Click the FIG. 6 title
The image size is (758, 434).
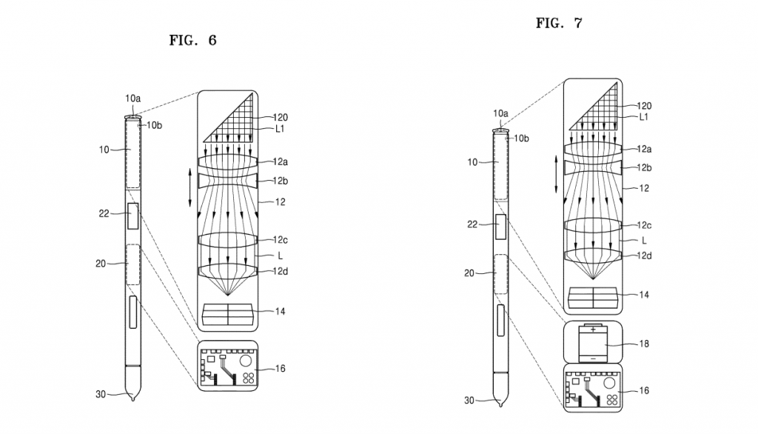192,40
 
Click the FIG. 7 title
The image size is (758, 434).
559,23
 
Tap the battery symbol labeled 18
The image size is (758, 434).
593,343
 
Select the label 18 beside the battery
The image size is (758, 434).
644,344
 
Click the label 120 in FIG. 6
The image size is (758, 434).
281,117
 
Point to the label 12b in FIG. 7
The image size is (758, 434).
644,168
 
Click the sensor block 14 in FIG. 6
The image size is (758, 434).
228,314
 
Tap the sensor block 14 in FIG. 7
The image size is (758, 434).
593,297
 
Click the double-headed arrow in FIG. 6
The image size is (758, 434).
190,187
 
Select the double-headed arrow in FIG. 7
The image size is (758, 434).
556,174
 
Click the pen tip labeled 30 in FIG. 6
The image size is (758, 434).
132,383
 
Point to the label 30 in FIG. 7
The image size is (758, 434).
469,401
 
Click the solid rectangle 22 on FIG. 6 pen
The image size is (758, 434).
133,216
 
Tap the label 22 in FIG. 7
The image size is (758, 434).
472,224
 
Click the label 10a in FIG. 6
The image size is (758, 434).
133,99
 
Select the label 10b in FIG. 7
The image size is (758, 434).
521,138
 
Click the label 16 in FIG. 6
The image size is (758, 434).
281,369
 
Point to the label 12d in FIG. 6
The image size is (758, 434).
281,271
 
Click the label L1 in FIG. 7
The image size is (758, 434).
643,117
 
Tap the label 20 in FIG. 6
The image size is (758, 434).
101,264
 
